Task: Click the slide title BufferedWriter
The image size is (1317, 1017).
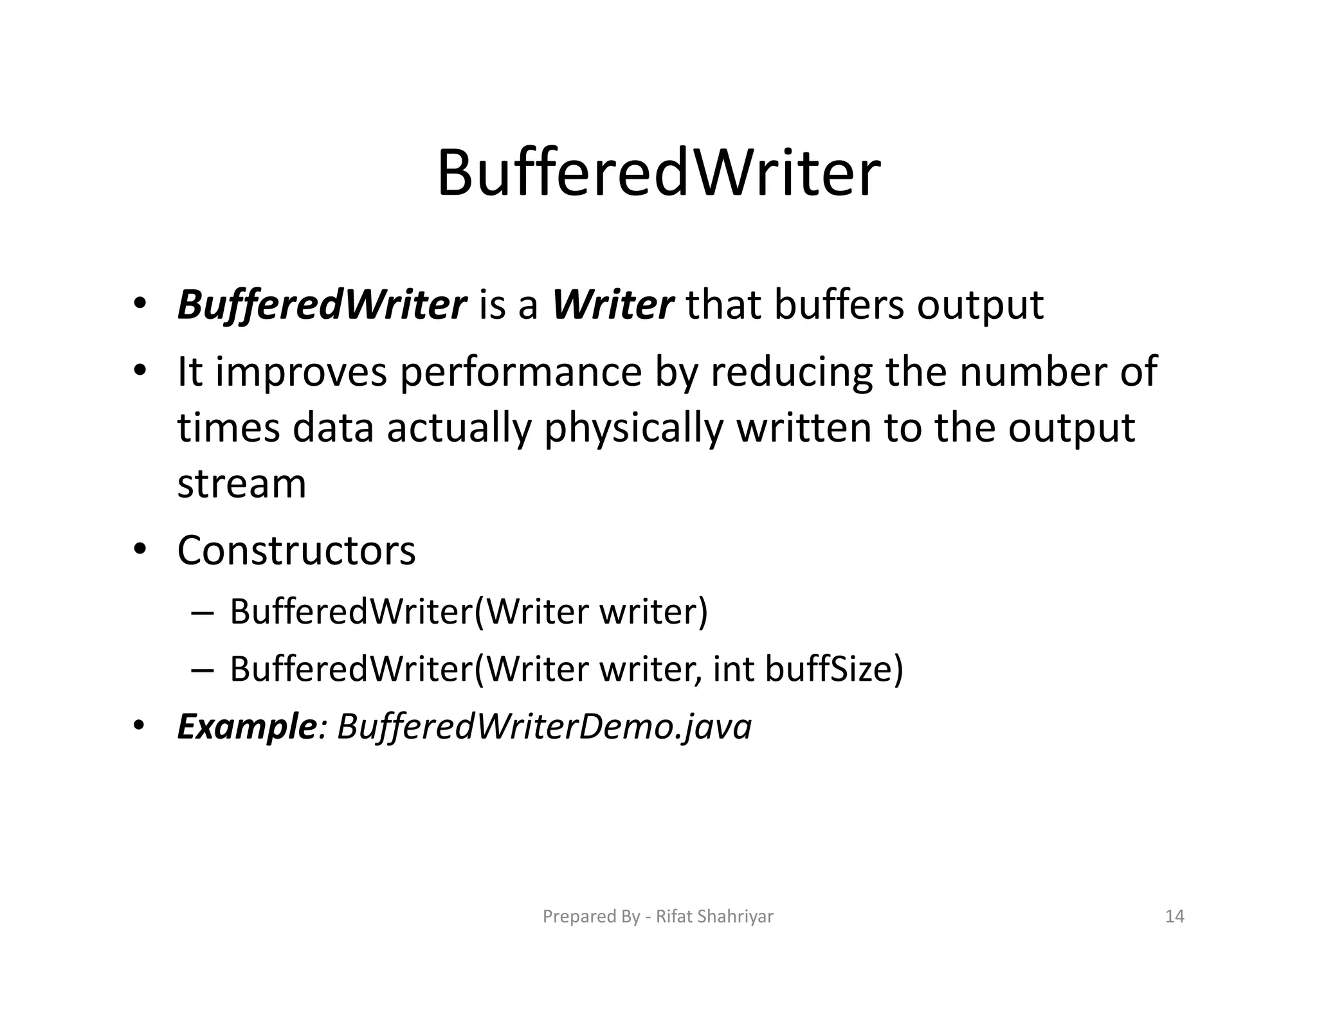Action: click(658, 174)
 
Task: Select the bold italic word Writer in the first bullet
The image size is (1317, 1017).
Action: click(612, 305)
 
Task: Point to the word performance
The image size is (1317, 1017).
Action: click(521, 372)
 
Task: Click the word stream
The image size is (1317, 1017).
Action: click(242, 484)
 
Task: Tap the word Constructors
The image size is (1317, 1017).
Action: click(296, 551)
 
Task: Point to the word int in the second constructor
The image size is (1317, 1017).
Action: click(733, 669)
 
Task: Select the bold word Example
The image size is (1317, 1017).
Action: click(246, 727)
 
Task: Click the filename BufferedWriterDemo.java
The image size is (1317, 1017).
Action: click(544, 727)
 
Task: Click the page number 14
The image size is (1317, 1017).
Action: click(1174, 916)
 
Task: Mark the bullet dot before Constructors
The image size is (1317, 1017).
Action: click(140, 550)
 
